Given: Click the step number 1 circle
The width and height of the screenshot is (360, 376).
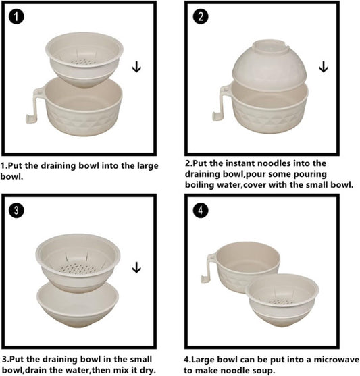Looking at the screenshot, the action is pos(16,16).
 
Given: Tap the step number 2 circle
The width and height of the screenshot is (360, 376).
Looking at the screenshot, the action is pos(201,16).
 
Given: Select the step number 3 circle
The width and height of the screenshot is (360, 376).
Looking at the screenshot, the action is pos(16,210).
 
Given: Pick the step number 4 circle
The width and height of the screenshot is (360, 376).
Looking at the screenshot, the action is pos(201,210).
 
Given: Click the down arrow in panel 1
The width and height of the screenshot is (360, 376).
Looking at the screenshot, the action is pos(136,67).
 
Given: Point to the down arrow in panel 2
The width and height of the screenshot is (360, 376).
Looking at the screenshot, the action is pos(324,67).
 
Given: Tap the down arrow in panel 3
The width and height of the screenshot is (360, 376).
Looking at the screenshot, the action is pos(136,267).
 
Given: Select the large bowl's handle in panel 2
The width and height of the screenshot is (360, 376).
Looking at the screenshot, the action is pos(220,103).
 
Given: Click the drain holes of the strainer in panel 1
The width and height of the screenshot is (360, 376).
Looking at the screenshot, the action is pos(84,62).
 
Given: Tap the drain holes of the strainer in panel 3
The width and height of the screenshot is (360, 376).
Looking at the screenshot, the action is pos(77,269).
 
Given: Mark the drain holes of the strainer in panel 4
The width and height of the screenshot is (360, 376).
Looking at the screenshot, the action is pos(281,302).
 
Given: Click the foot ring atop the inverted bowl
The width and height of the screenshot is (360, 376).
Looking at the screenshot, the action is pos(271,46).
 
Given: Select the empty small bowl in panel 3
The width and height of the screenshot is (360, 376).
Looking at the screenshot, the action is pos(78,306).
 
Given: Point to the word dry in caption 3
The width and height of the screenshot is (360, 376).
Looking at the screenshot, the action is pos(148,371).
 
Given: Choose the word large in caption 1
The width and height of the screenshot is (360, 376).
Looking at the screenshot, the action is pos(148,166).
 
